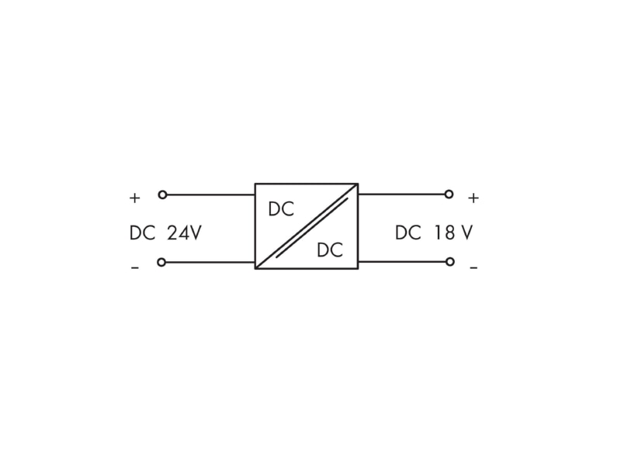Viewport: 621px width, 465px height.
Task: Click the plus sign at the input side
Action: (x=134, y=198)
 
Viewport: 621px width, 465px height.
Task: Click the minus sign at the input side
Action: (x=135, y=268)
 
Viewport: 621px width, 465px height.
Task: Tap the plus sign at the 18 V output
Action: (x=474, y=198)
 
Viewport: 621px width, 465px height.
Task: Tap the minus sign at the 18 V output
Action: (x=474, y=268)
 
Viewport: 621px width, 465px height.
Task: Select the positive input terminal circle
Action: (x=162, y=195)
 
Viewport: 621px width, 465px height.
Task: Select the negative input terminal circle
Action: (x=161, y=262)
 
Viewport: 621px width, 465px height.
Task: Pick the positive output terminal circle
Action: (x=449, y=195)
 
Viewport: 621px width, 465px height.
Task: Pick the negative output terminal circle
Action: (x=450, y=261)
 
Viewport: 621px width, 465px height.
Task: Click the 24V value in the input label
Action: (x=184, y=233)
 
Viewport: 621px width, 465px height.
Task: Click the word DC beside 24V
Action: (x=142, y=233)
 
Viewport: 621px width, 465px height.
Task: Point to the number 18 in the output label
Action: (x=444, y=232)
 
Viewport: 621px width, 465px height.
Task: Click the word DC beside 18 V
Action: (x=408, y=232)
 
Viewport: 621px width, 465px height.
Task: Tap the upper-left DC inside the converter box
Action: (x=281, y=209)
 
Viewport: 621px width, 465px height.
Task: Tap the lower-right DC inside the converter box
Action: (x=330, y=250)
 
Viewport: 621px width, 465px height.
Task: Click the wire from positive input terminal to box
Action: (x=210, y=195)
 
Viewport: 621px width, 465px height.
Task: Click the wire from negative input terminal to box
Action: (x=210, y=262)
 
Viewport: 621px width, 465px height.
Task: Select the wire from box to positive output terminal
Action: (x=401, y=195)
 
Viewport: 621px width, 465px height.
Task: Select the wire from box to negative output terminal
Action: (x=402, y=261)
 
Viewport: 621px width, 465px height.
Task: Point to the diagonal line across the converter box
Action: (x=307, y=226)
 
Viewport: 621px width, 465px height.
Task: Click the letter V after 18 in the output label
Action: (x=467, y=232)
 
